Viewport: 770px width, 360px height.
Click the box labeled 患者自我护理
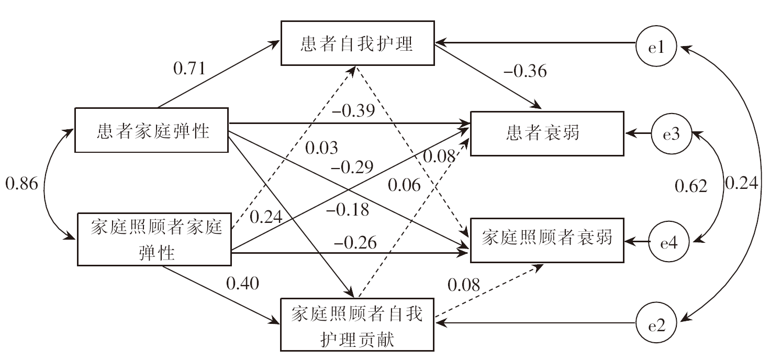pos(357,44)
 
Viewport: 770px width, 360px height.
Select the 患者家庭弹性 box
pos(152,131)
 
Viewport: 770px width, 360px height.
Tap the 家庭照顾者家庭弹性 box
pos(155,239)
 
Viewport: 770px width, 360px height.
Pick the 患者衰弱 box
pos(547,133)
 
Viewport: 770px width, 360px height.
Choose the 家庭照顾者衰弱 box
pos(547,239)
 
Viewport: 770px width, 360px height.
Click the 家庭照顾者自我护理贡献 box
pos(357,325)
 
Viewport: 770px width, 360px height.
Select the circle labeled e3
pos(671,134)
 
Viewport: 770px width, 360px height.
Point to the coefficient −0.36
pos(525,71)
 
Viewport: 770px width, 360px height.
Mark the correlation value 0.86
pos(21,184)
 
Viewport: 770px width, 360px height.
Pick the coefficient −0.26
pos(355,242)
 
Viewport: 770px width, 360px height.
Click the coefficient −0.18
pos(348,210)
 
